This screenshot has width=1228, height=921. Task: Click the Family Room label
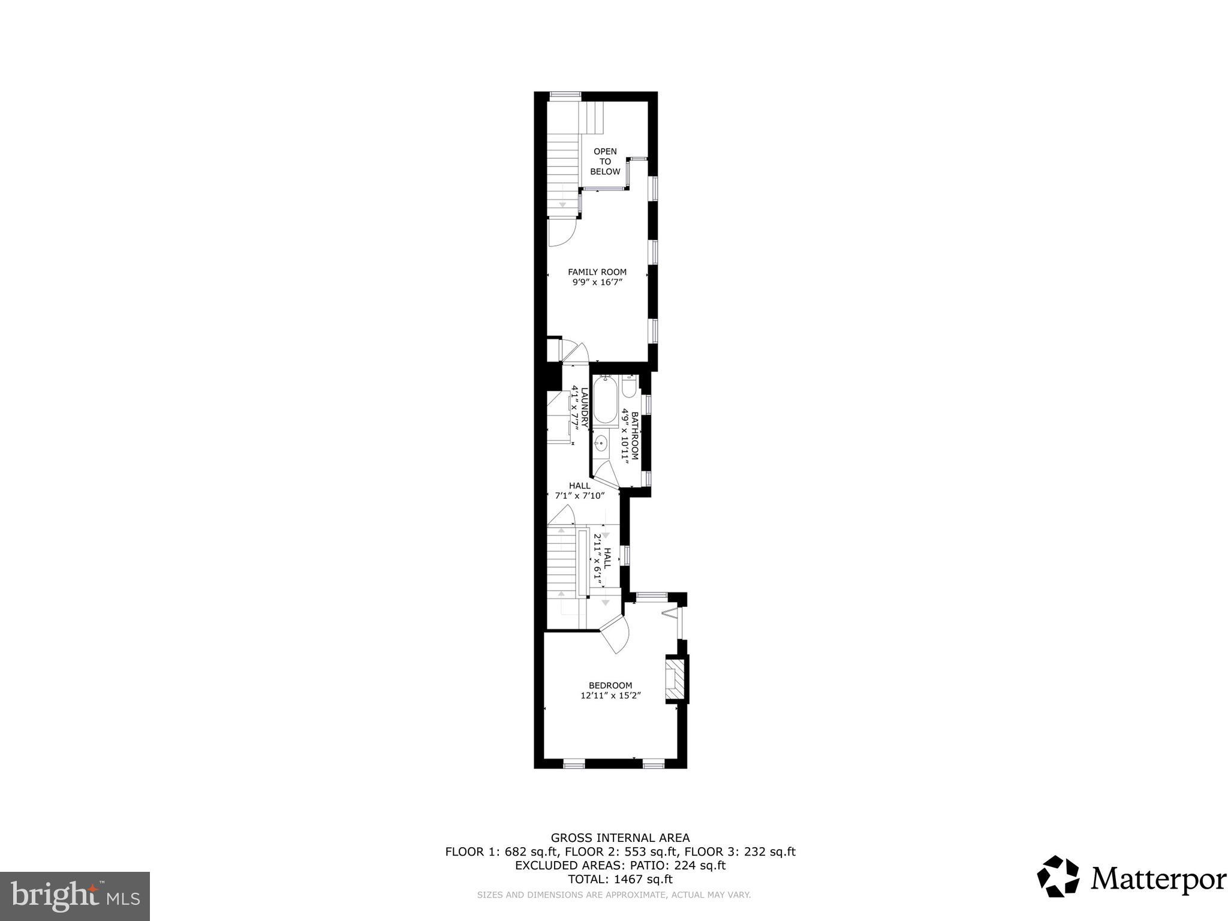[597, 272]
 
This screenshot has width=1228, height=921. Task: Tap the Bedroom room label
[610, 685]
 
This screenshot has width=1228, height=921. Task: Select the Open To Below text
[605, 161]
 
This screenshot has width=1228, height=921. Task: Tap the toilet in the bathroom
[629, 387]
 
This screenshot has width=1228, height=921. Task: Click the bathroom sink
[601, 444]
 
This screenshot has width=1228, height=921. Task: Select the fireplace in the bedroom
[675, 679]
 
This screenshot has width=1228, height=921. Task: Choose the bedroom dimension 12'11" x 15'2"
[610, 696]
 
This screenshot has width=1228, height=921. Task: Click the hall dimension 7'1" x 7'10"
[579, 496]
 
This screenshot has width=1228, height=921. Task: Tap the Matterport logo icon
[1058, 877]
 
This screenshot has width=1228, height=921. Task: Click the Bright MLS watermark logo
[75, 895]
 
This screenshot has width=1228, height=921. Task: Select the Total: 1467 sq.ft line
[620, 880]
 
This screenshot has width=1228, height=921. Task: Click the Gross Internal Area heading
[620, 838]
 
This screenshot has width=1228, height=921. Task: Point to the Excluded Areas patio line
[620, 865]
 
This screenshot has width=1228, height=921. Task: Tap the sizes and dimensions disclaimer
[613, 895]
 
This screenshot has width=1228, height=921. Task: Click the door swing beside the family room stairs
[562, 232]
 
